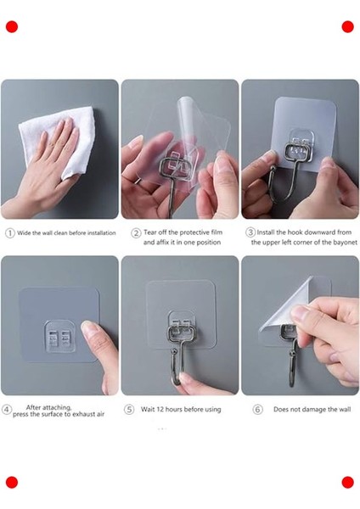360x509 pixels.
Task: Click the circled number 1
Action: click(10, 233)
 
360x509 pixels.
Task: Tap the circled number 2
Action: click(136, 233)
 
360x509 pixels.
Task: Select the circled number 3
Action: click(250, 232)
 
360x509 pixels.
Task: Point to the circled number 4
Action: click(7, 410)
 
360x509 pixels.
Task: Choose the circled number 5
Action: click(129, 410)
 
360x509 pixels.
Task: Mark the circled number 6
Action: click(257, 410)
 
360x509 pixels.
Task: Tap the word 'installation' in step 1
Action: click(101, 233)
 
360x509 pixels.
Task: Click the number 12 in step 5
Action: click(160, 410)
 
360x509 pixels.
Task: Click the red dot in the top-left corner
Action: click(12, 27)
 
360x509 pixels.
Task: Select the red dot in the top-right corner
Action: click(347, 27)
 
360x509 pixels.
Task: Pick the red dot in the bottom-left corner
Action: click(12, 483)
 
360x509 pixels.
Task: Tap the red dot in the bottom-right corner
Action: click(347, 483)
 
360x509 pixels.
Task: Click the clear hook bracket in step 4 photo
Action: click(60, 337)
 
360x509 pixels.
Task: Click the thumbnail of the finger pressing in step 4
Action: click(87, 327)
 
